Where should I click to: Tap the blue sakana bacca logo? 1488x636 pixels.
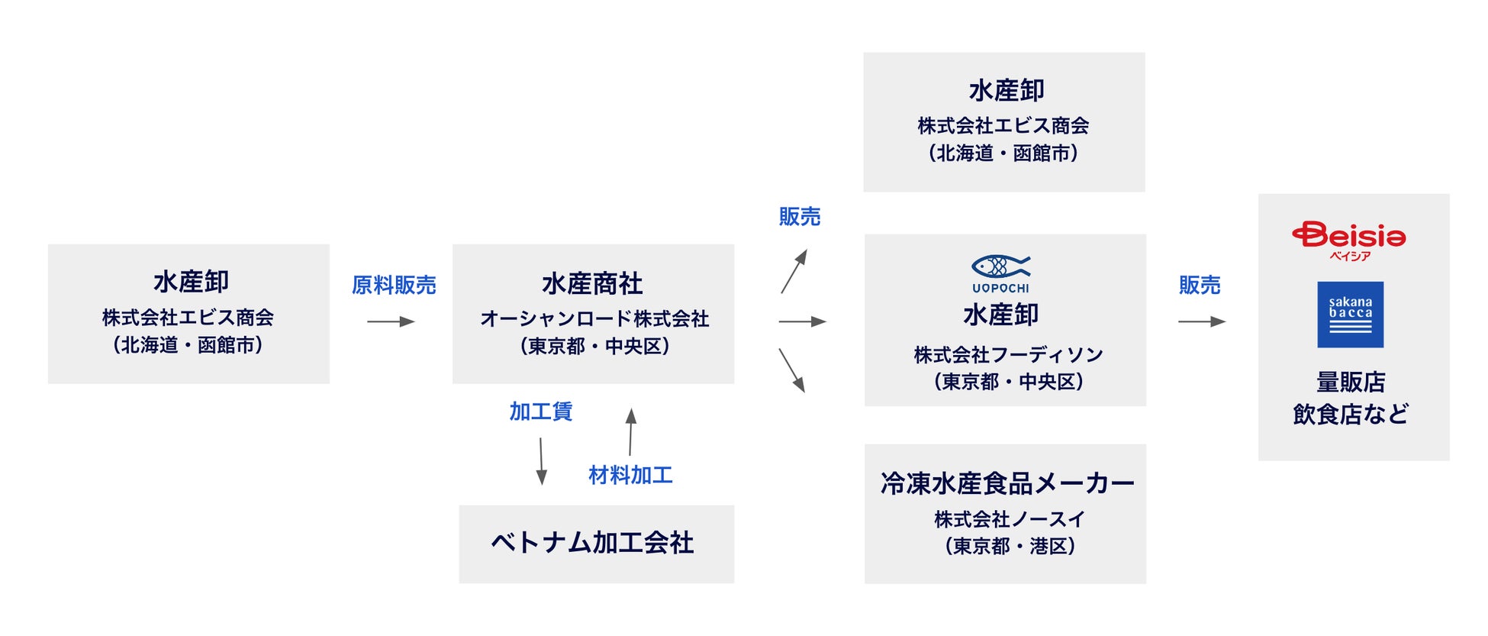tap(1350, 315)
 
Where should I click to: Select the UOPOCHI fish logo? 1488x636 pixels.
tap(1000, 273)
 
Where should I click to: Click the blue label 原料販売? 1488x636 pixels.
tap(394, 286)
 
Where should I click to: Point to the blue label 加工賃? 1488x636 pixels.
tap(540, 412)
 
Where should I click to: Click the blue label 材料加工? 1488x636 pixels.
tap(630, 475)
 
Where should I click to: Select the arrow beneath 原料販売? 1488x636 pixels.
tap(391, 321)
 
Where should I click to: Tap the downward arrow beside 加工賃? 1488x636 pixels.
tap(541, 461)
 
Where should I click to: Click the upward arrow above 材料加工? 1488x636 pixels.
tap(630, 432)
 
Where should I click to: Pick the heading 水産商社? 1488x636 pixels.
tap(592, 284)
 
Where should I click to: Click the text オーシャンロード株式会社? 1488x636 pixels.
tap(594, 318)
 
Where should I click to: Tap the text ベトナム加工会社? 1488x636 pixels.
tap(593, 543)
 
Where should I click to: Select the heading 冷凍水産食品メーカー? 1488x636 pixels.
tap(1007, 483)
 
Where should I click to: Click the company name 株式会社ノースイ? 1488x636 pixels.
tap(1009, 519)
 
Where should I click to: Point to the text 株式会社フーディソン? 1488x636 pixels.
tap(1008, 354)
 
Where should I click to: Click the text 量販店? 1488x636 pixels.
tap(1350, 382)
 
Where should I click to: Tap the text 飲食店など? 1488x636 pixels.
tap(1350, 415)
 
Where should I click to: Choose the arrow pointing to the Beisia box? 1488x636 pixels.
tap(1202, 321)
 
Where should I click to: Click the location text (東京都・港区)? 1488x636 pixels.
tap(1010, 546)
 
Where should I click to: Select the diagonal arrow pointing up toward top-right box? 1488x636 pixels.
tap(794, 271)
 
